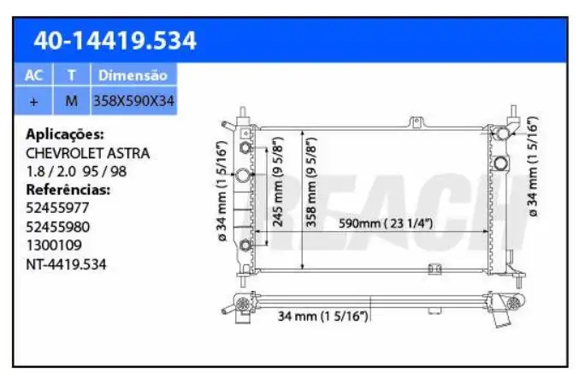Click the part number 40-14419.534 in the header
114,40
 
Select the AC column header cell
33,75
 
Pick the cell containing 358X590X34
133,101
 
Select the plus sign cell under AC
33,101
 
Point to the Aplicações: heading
66,134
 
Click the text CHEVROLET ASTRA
88,153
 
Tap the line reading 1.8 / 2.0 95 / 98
77,171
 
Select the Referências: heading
68,189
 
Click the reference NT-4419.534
67,263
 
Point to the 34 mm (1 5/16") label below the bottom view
322,317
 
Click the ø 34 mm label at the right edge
533,167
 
